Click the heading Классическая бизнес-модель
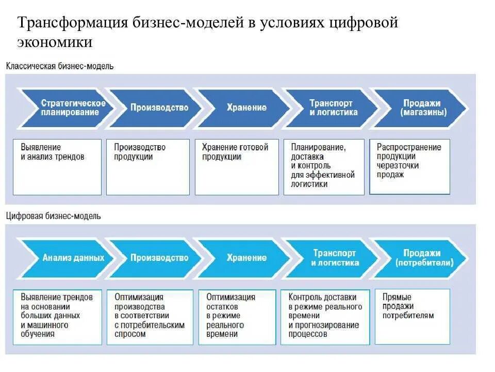pyautogui.click(x=60, y=66)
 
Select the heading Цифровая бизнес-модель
pyautogui.click(x=54, y=216)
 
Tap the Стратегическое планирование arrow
pyautogui.click(x=70, y=107)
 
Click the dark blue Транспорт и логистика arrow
pyautogui.click(x=333, y=107)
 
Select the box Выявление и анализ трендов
pyautogui.click(x=57, y=166)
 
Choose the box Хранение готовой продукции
pyautogui.click(x=237, y=166)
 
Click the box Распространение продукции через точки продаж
pyautogui.click(x=409, y=166)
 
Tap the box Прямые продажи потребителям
pyautogui.click(x=412, y=316)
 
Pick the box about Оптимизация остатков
pyautogui.click(x=236, y=316)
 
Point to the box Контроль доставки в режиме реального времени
pyautogui.click(x=325, y=316)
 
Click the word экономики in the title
pyautogui.click(x=55, y=42)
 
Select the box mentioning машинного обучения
pyautogui.click(x=57, y=316)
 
